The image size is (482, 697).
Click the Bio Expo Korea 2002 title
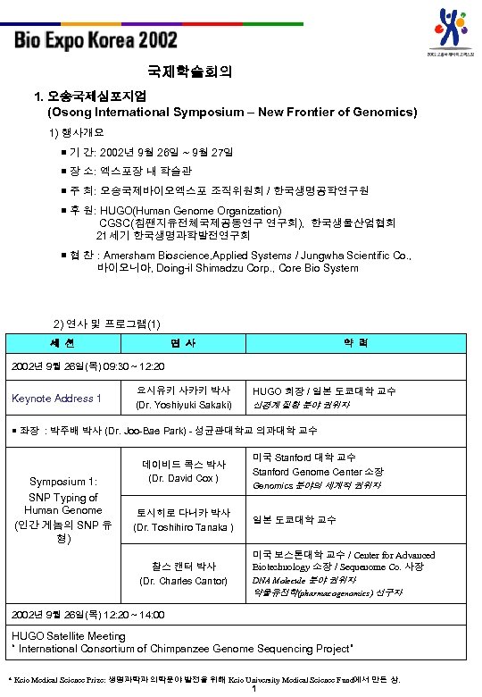pos(96,40)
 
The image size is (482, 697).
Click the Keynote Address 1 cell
pos(56,398)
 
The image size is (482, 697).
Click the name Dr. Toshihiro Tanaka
pos(184,526)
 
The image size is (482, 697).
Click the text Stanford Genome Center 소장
pos(318,472)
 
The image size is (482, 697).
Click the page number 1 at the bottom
pos(255,689)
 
